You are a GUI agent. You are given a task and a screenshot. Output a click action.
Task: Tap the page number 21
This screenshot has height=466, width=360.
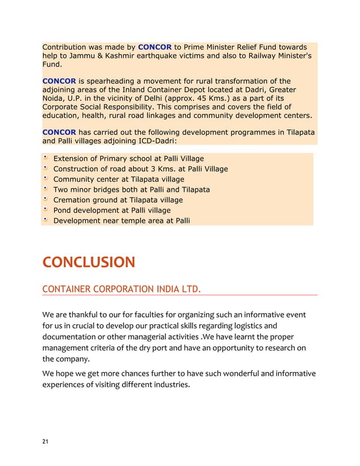[x=46, y=442]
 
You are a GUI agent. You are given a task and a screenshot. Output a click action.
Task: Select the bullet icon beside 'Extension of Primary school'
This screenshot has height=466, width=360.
[x=45, y=158]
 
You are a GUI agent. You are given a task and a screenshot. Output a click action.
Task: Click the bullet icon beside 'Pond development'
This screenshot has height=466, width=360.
[x=45, y=209]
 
